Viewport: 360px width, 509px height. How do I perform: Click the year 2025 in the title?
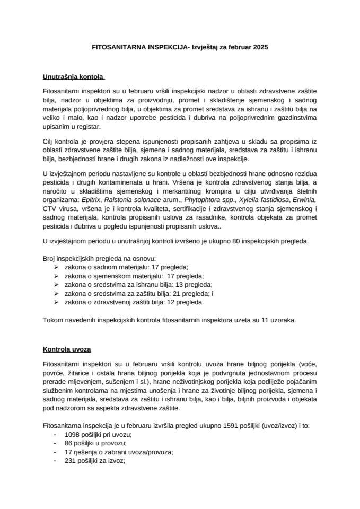click(260, 47)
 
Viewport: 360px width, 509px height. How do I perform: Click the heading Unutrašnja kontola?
click(74, 77)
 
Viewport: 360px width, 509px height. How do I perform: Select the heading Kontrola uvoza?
click(66, 350)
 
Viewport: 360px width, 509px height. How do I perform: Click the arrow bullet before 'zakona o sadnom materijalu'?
click(56, 268)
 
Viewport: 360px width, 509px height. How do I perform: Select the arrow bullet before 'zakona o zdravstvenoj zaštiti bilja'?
click(56, 302)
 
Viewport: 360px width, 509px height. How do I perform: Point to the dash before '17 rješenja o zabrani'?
click(56, 452)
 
